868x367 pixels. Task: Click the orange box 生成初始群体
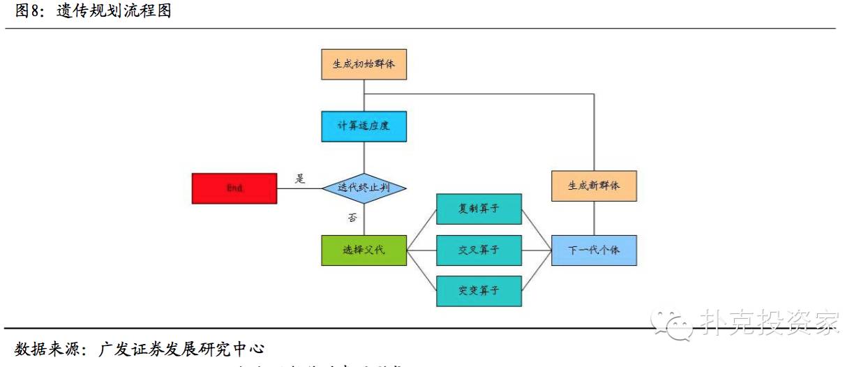pos(364,63)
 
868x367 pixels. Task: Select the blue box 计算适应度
pos(364,126)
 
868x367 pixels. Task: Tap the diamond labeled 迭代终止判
pos(364,188)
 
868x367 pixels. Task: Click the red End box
pos(234,188)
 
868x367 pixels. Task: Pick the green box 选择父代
pos(364,250)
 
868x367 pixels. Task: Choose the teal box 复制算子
pos(479,209)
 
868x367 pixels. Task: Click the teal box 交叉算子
pos(479,250)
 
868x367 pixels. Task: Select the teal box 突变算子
pos(479,291)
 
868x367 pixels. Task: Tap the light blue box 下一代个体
pos(594,250)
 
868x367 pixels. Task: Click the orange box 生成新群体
pos(594,186)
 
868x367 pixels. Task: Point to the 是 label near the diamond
pos(300,179)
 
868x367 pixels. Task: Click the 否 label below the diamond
pos(353,218)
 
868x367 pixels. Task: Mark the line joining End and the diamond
pos(299,188)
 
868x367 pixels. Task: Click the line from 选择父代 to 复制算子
pos(421,230)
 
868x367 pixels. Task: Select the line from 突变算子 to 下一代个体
pos(537,271)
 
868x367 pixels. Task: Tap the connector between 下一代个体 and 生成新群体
pos(594,218)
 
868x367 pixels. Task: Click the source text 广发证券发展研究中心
pos(183,348)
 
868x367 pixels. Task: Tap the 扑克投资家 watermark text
pos(768,322)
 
